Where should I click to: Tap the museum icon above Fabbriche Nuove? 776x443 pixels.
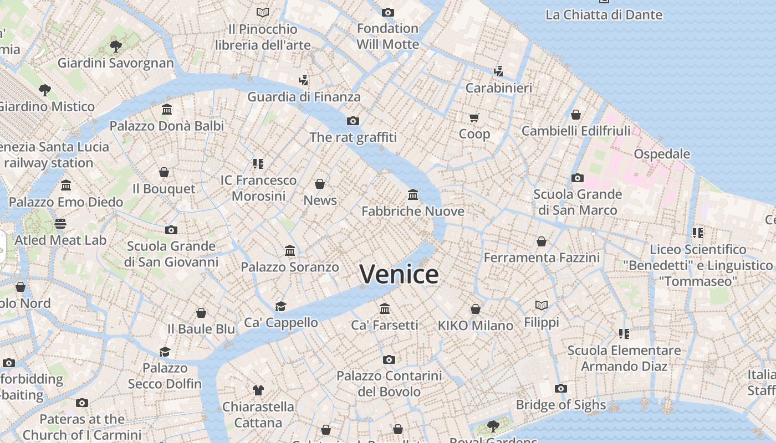[x=413, y=195]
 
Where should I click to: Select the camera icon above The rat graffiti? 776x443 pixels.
[x=353, y=121]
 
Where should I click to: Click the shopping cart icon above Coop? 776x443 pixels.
[x=474, y=117]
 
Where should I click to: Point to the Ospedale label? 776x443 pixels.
[x=662, y=154]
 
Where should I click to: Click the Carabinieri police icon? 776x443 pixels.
[x=498, y=71]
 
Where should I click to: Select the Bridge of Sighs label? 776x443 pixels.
[x=561, y=405]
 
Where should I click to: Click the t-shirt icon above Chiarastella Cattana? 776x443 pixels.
[x=258, y=390]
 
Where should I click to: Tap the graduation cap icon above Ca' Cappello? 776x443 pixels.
[x=281, y=306]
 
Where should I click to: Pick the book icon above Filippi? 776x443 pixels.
[x=542, y=305]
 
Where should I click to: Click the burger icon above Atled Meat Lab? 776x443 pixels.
[x=60, y=224]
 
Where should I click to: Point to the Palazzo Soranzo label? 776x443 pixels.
[x=289, y=267]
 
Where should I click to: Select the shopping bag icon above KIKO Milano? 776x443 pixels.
[x=476, y=309]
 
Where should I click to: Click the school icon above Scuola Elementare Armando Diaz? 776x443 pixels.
[x=624, y=334]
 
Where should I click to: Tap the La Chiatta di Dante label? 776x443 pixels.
[x=604, y=15]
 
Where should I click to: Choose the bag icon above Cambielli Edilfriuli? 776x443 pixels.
[x=576, y=115]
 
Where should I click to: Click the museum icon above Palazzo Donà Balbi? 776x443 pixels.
[x=167, y=110]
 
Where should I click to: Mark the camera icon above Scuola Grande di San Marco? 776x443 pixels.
[x=578, y=178]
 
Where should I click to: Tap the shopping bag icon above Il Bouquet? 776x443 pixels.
[x=164, y=172]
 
